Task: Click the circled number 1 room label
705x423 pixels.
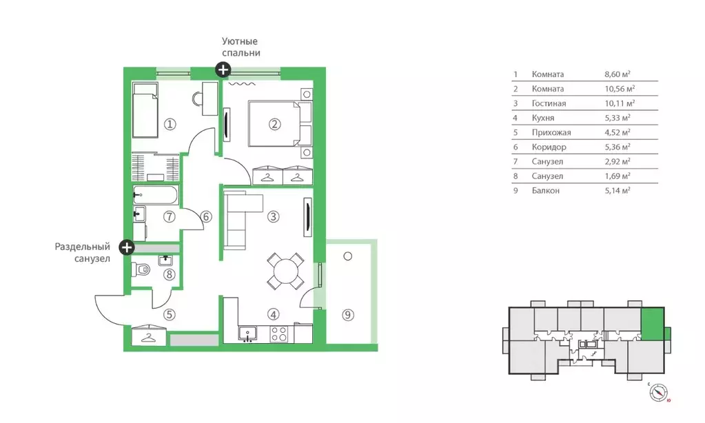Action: click(x=170, y=123)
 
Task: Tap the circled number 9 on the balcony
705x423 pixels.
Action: click(x=347, y=315)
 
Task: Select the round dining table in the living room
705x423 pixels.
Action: click(x=285, y=271)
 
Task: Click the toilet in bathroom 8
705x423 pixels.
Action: click(x=141, y=269)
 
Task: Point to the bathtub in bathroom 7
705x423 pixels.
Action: click(x=156, y=196)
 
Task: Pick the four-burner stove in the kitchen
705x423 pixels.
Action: click(x=279, y=334)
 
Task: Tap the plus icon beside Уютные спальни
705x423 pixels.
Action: click(x=223, y=69)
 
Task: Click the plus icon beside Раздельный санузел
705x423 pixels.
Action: click(x=127, y=247)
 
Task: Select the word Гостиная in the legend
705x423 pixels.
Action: click(x=549, y=103)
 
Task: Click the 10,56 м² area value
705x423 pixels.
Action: click(x=620, y=89)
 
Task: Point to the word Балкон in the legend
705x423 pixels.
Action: click(x=545, y=191)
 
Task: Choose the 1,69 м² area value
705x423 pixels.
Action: click(x=617, y=176)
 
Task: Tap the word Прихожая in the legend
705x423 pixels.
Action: click(x=551, y=132)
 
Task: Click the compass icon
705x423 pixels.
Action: click(x=658, y=393)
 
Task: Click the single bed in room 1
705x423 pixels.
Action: click(x=145, y=110)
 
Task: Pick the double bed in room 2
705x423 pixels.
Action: click(x=274, y=123)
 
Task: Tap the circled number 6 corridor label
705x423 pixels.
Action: click(x=206, y=217)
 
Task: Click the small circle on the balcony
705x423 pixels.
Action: click(x=347, y=256)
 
